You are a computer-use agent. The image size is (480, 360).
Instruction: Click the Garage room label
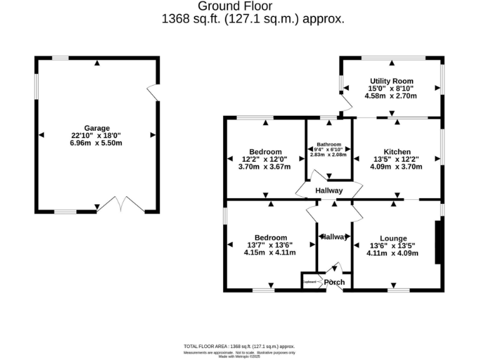pyautogui.click(x=96, y=127)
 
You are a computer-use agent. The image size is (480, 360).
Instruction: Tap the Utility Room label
pyautogui.click(x=392, y=81)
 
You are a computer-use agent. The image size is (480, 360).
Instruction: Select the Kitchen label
pyautogui.click(x=397, y=152)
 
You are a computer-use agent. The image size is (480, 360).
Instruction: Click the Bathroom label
pyautogui.click(x=328, y=143)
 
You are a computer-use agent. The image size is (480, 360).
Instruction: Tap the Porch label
pyautogui.click(x=334, y=282)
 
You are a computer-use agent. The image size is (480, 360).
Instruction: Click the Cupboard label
pyautogui.click(x=309, y=282)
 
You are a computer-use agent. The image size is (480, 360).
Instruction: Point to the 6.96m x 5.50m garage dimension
pyautogui.click(x=96, y=143)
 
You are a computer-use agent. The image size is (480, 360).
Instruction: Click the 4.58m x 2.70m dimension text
pyautogui.click(x=392, y=96)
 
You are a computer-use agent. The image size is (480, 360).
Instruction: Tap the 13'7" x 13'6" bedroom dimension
pyautogui.click(x=271, y=245)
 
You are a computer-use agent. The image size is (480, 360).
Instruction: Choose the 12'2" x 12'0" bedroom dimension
pyautogui.click(x=266, y=159)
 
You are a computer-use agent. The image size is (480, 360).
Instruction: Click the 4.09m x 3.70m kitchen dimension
pyautogui.click(x=396, y=167)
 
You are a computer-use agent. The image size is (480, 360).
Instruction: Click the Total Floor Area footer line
pyautogui.click(x=239, y=346)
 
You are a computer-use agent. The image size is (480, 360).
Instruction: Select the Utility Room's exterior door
pyautogui.click(x=344, y=102)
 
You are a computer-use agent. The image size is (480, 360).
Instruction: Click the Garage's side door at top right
pyautogui.click(x=152, y=91)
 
